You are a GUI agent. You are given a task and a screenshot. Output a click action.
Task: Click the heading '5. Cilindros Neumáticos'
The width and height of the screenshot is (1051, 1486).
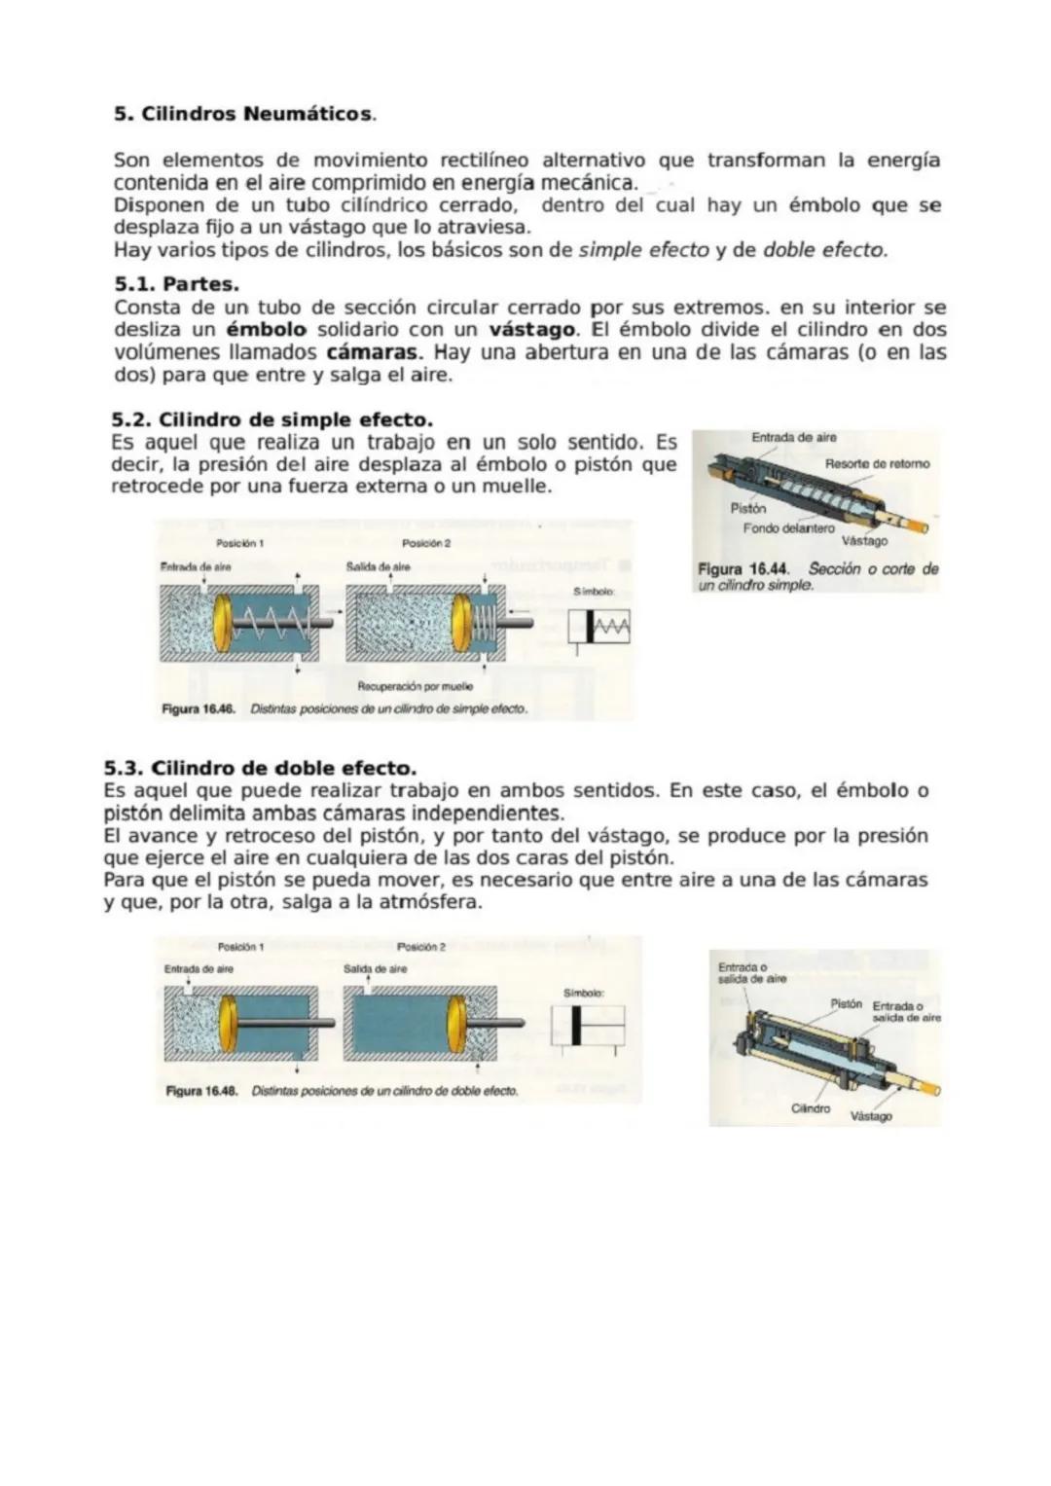pyautogui.click(x=243, y=114)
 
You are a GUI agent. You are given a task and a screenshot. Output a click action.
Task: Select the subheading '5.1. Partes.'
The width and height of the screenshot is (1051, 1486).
pyautogui.click(x=176, y=284)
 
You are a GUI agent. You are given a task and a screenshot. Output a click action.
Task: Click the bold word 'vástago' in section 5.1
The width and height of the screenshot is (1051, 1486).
pyautogui.click(x=533, y=330)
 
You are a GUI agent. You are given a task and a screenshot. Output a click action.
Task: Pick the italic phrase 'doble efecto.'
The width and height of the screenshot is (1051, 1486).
pyautogui.click(x=825, y=250)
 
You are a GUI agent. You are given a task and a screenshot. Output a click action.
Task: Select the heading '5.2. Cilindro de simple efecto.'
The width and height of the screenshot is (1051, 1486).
pyautogui.click(x=272, y=420)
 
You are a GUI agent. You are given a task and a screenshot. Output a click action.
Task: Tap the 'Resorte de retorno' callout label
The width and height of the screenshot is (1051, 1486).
pyautogui.click(x=877, y=463)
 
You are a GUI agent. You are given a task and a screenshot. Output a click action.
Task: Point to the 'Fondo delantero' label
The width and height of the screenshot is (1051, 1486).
pyautogui.click(x=788, y=527)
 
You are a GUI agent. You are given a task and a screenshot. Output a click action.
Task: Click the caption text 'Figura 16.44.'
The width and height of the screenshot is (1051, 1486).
pyautogui.click(x=743, y=569)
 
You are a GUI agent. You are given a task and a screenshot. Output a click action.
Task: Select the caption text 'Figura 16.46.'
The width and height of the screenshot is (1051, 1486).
pyautogui.click(x=199, y=709)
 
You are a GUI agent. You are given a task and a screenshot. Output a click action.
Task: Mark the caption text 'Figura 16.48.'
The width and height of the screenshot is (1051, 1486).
pyautogui.click(x=202, y=1091)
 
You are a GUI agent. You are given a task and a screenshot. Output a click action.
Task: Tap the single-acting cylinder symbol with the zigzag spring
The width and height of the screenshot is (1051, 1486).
pyautogui.click(x=599, y=627)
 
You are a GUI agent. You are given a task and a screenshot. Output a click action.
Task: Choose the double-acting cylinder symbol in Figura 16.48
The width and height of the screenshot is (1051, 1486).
pyautogui.click(x=587, y=1025)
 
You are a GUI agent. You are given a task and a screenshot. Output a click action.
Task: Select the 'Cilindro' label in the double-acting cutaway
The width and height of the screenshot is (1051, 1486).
pyautogui.click(x=810, y=1108)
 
